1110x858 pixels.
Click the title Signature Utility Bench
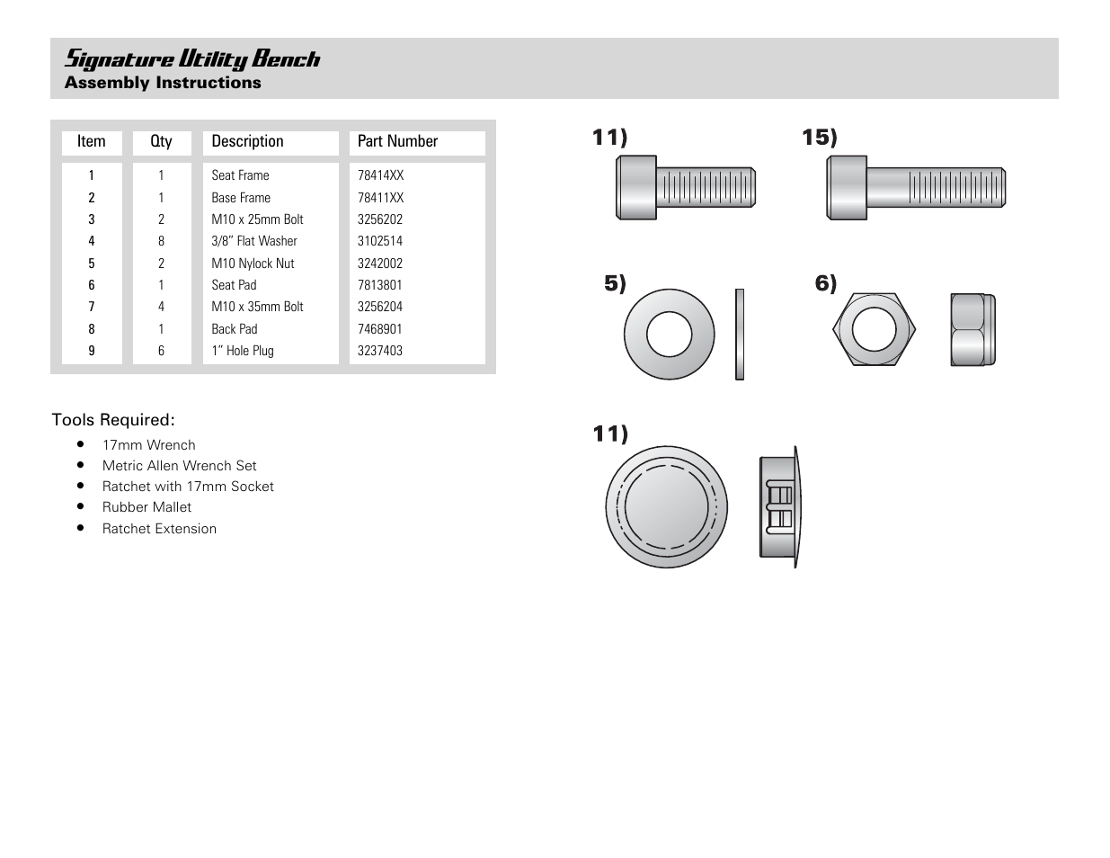pos(191,59)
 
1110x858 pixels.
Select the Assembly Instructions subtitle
pos(163,83)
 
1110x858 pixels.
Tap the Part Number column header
pos(397,141)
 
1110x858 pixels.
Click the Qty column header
pos(161,141)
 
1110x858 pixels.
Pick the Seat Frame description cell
pos(240,175)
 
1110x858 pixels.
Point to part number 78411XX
pos(380,198)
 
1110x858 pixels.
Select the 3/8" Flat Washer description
pos(254,241)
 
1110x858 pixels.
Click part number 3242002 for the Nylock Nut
pos(380,264)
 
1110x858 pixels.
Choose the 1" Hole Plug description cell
pos(243,351)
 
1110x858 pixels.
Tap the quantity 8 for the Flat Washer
pos(162,241)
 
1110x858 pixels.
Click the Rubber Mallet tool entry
pos(147,507)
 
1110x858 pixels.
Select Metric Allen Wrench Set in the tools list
pos(179,466)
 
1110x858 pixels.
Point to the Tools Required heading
pos(113,420)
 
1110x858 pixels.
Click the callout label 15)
pos(819,138)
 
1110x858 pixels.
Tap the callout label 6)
pos(825,283)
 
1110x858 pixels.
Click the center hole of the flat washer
pos(670,335)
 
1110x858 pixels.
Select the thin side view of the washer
pos(740,335)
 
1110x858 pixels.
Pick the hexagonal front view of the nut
pos(874,329)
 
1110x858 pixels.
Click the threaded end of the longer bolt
pos(957,188)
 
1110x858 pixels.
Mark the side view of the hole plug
pos(779,506)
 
